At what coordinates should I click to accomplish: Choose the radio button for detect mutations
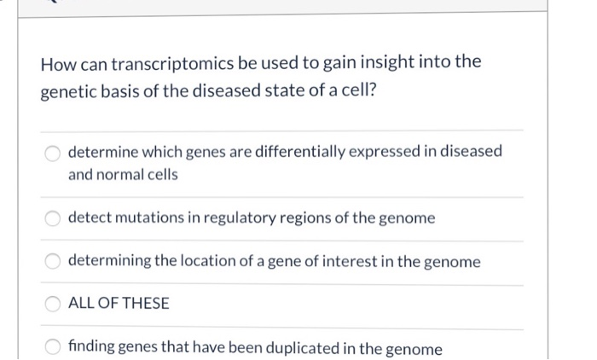[x=54, y=218]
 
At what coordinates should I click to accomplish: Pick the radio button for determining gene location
[x=54, y=262]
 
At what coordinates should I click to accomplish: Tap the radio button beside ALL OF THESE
[x=54, y=304]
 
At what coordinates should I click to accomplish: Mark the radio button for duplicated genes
[x=54, y=349]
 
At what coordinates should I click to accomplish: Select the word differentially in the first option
[x=280, y=152]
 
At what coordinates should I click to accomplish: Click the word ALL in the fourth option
[x=81, y=304]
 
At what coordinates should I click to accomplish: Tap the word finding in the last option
[x=92, y=349]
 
